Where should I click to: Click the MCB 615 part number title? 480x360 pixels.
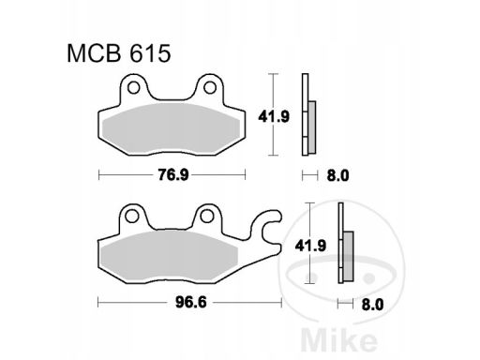(119, 53)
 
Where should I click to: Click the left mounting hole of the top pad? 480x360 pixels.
(134, 88)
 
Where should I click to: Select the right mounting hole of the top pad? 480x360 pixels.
(210, 88)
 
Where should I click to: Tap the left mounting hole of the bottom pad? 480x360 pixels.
(132, 217)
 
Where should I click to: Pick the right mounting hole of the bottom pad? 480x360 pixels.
(206, 217)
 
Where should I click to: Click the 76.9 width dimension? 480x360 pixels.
(173, 174)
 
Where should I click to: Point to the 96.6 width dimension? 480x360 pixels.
(191, 302)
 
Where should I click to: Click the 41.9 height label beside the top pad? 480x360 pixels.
(274, 117)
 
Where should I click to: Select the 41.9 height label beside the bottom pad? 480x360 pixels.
(310, 246)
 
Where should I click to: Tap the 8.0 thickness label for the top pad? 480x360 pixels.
(337, 176)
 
